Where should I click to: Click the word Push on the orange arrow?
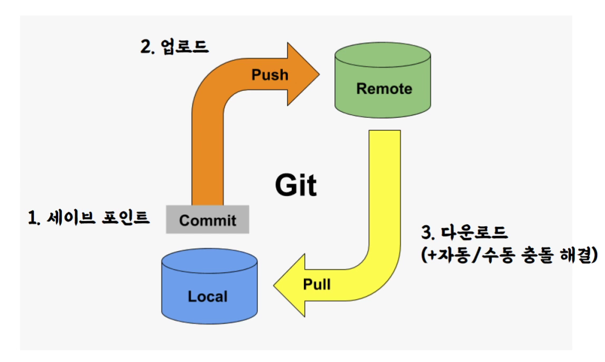[x=269, y=75]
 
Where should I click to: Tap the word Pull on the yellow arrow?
[x=317, y=284]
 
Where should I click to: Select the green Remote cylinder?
[x=383, y=85]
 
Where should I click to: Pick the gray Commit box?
[x=208, y=219]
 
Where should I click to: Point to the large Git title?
[x=296, y=185]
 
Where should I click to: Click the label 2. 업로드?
[x=175, y=47]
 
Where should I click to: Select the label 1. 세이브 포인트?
[x=89, y=217]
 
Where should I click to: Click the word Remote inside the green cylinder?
[x=384, y=89]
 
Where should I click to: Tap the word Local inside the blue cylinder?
[x=208, y=296]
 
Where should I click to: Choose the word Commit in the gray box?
[x=208, y=220]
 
